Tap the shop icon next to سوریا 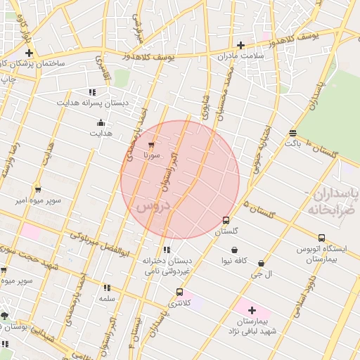pos(151,145)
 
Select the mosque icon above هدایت pos(101,122)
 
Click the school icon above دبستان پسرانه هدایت pos(92,92)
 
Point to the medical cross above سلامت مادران pos(240,45)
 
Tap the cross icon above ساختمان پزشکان pos(29,53)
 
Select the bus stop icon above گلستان pos(226,220)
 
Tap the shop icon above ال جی pos(262,263)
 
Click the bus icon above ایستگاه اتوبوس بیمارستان pos(321,238)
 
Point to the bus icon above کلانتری pos(179,292)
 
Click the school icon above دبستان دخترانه pos(166,250)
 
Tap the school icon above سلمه pos(107,288)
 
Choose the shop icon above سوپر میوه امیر pos(37,190)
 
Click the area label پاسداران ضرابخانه pos(333,202)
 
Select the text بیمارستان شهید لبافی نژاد pos(253,325)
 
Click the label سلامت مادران pos(240,56)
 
